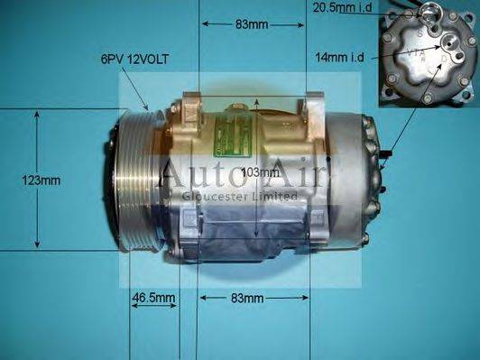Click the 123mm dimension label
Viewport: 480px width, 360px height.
42,180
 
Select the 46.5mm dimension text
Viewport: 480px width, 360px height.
153,297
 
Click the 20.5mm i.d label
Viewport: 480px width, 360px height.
343,8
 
